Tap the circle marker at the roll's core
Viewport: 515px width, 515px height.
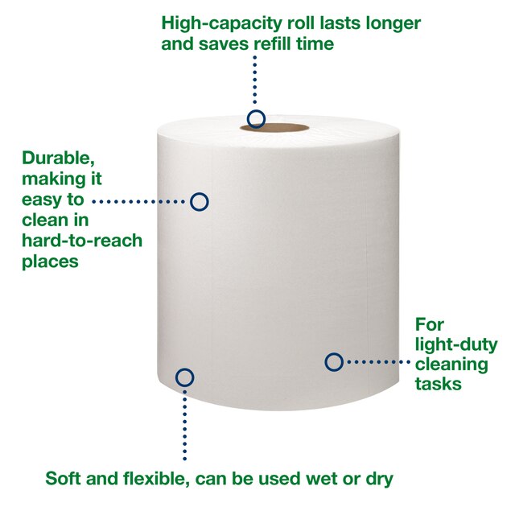coord(256,120)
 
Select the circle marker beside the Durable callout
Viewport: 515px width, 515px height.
coord(200,201)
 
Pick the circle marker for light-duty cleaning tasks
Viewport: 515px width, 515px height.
coord(334,362)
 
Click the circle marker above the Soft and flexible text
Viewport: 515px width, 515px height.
coord(184,377)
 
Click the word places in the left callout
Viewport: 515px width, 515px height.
coord(51,261)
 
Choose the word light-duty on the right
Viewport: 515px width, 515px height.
coord(456,345)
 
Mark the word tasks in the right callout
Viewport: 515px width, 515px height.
coord(438,384)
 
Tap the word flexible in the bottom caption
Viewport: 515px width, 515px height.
coord(150,480)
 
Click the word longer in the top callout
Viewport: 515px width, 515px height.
coord(393,23)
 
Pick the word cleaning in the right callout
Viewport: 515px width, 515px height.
coord(451,365)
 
